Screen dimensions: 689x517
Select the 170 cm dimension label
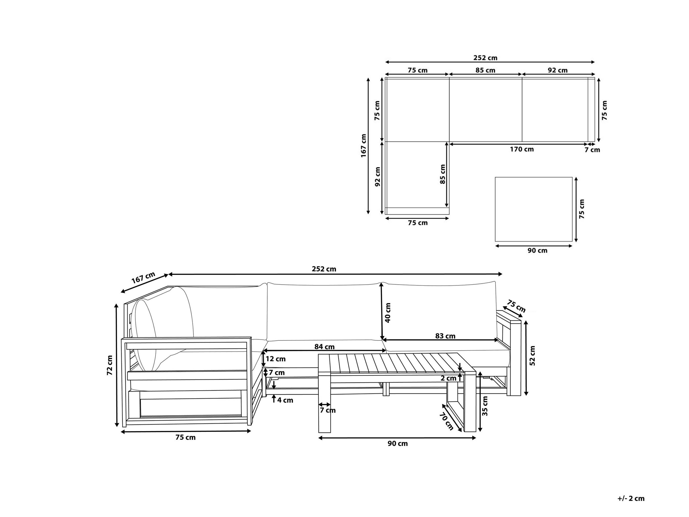[x=522, y=149]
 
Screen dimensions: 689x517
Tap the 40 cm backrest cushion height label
[x=388, y=313]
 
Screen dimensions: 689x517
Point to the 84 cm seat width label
[x=324, y=347]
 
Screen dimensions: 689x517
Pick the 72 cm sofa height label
[x=110, y=365]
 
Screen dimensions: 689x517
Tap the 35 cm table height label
[x=485, y=406]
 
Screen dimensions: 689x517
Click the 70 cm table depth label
[x=446, y=421]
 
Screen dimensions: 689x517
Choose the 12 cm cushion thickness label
[x=275, y=359]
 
